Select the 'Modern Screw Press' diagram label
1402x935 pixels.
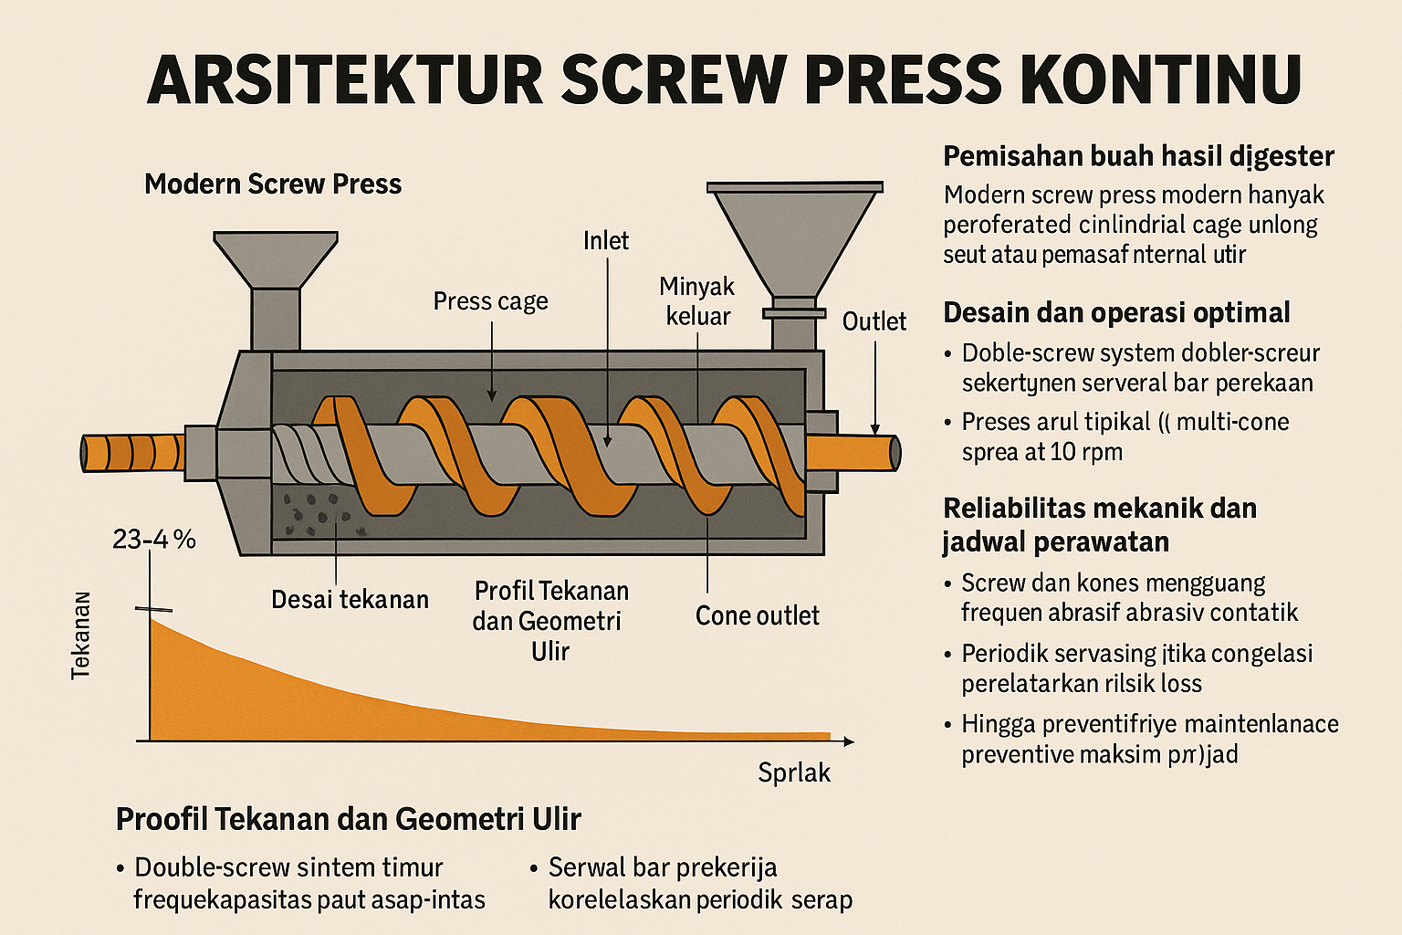pos(273,184)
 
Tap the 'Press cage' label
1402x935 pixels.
pos(490,301)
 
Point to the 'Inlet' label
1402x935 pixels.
pos(606,241)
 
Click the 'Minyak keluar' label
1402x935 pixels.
pos(697,301)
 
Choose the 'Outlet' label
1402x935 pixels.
pos(874,321)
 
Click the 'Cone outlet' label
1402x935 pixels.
pos(757,616)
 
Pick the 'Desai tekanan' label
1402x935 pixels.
pos(350,600)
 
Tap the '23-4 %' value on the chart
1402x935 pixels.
pos(154,540)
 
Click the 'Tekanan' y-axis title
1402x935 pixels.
pos(81,635)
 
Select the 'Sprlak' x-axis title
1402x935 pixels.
pos(794,773)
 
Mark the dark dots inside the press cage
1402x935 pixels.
pos(315,515)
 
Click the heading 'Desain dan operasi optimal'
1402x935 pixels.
pos(1116,313)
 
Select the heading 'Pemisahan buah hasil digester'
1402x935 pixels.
pos(1138,156)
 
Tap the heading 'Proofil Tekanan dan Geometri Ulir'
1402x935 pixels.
pos(348,819)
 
